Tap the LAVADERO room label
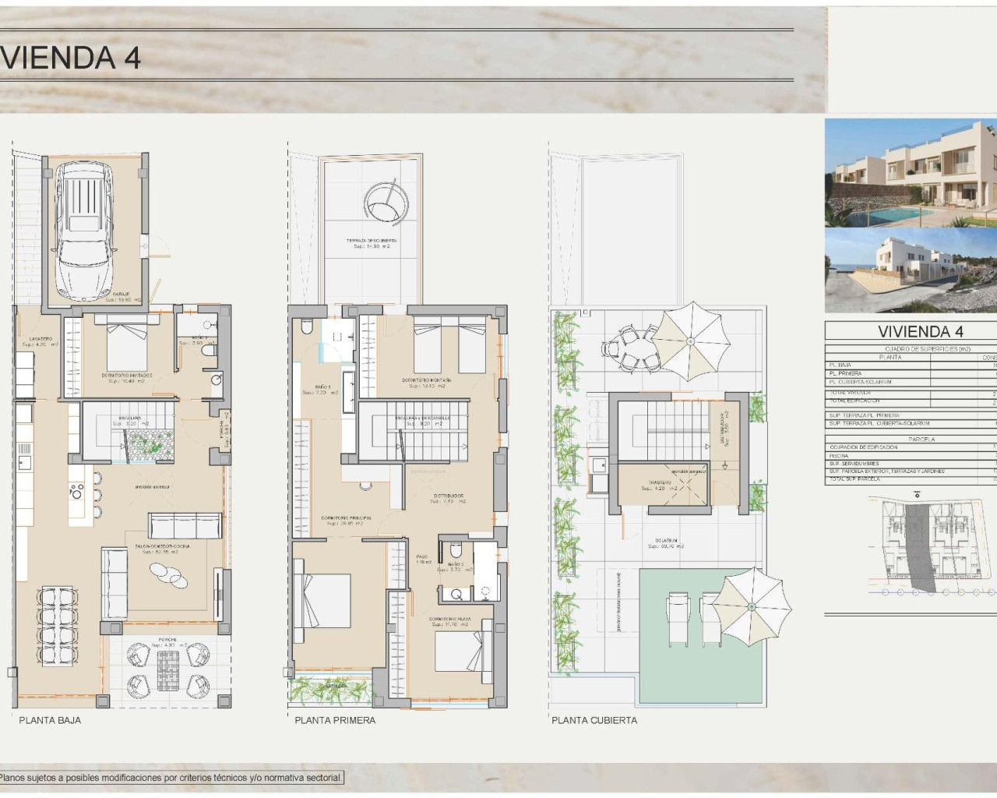41,339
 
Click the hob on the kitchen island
76,490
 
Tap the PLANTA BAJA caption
50,720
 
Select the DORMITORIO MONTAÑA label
424,381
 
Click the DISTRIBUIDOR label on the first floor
449,496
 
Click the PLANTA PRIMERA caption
335,720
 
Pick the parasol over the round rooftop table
690,341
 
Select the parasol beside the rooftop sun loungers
752,606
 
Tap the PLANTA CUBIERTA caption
594,720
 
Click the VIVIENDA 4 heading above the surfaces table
920,331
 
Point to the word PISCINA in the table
839,456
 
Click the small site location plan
935,546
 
